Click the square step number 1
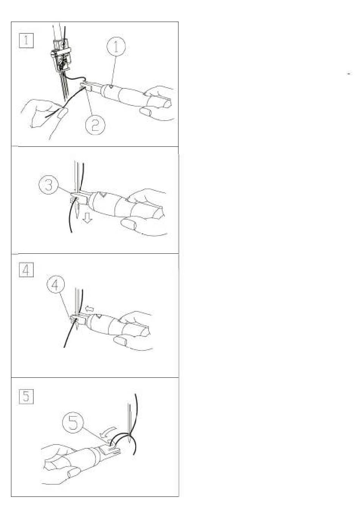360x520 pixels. click(26, 41)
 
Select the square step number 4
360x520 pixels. click(26, 270)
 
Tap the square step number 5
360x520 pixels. click(26, 396)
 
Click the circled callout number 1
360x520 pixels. click(116, 46)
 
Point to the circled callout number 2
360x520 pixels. click(95, 125)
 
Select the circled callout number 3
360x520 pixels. click(48, 185)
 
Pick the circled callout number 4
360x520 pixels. click(55, 284)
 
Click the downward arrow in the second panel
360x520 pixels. click(88, 218)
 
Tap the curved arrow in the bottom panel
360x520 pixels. click(108, 430)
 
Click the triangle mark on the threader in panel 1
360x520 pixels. click(111, 87)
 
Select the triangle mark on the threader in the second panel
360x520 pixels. click(101, 194)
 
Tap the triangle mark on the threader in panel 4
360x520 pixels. click(99, 316)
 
